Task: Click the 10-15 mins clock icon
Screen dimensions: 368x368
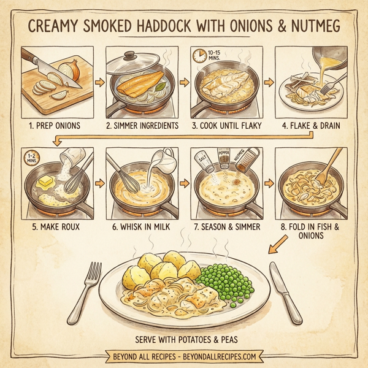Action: [199, 57]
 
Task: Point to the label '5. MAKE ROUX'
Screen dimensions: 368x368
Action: [55, 225]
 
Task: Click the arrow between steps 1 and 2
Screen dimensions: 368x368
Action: [99, 83]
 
